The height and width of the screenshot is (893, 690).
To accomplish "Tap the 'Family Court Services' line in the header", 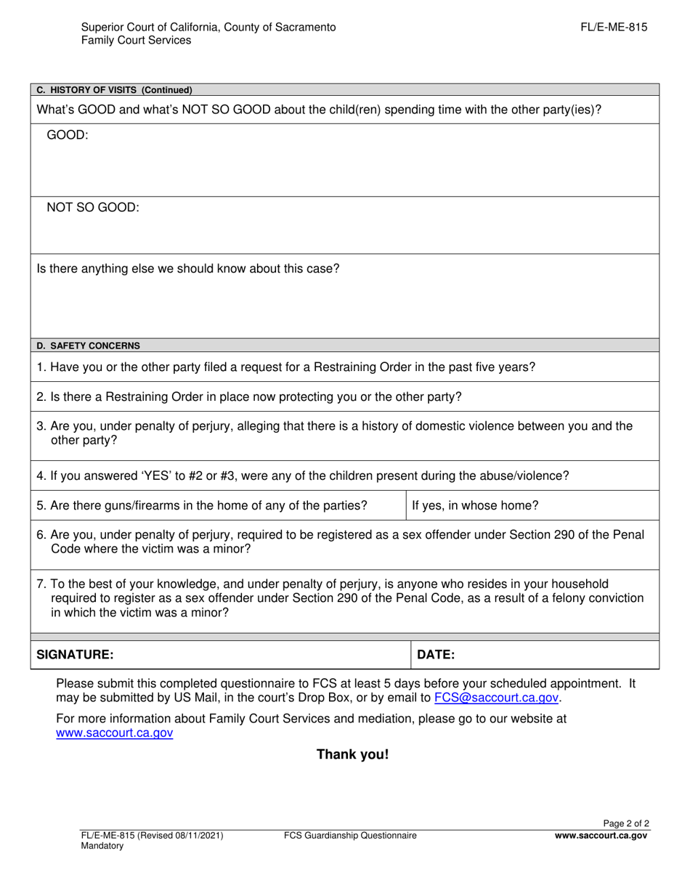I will (136, 41).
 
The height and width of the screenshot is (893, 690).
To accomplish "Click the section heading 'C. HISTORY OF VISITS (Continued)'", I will (114, 91).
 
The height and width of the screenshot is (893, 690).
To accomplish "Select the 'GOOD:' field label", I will (67, 135).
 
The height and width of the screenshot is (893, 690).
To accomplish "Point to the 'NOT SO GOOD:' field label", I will (92, 208).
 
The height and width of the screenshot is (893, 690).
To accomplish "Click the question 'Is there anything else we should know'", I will (187, 269).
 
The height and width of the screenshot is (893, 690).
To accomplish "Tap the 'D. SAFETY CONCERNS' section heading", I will (89, 346).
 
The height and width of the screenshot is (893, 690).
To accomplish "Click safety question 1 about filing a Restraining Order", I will (285, 367).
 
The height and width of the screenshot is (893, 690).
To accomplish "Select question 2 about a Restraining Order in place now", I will (248, 397).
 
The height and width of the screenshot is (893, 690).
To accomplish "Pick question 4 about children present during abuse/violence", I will (302, 476).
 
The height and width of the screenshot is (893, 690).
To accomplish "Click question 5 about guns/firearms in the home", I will (202, 506).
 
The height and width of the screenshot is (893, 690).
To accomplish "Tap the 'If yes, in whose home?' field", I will (475, 506).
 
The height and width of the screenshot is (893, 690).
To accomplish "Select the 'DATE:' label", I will (436, 655).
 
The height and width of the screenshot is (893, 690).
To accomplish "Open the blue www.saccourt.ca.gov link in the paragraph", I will (115, 733).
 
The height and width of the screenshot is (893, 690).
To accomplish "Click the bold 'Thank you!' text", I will (352, 754).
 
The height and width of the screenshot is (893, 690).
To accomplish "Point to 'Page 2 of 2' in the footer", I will (626, 824).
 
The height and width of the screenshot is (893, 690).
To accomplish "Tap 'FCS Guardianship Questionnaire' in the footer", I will (350, 836).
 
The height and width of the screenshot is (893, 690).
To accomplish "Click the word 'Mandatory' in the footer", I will (102, 847).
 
